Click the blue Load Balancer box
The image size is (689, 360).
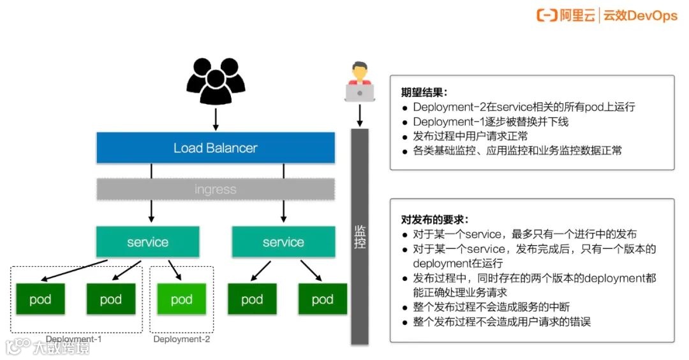[x=215, y=148]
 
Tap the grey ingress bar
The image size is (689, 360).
[x=215, y=190]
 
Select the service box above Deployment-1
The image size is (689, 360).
[x=147, y=243]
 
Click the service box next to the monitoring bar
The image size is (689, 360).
[x=283, y=243]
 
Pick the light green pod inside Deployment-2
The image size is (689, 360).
[x=181, y=299]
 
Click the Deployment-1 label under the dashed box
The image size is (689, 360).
[x=73, y=340]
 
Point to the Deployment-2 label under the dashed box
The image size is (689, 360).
[x=181, y=340]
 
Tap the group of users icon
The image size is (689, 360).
[x=215, y=82]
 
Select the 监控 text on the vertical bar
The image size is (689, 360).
[x=360, y=236]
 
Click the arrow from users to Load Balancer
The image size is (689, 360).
[x=215, y=119]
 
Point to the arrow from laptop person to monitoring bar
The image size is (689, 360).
[x=360, y=115]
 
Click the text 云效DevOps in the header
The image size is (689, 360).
[x=640, y=16]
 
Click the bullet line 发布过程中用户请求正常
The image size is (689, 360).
[x=470, y=137]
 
